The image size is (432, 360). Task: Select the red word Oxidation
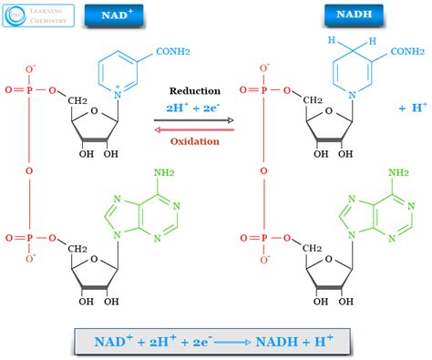[x=192, y=141]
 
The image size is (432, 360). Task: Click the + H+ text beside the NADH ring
[x=411, y=108]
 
